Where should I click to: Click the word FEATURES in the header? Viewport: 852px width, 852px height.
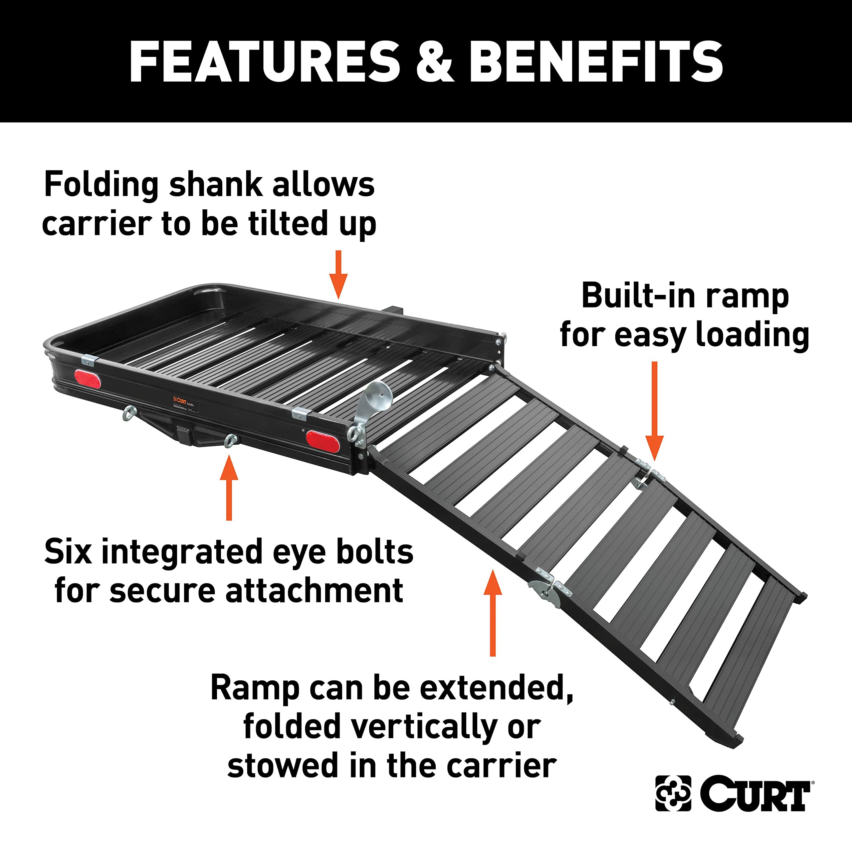pyautogui.click(x=265, y=62)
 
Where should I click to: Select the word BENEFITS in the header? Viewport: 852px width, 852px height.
pyautogui.click(x=595, y=62)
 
